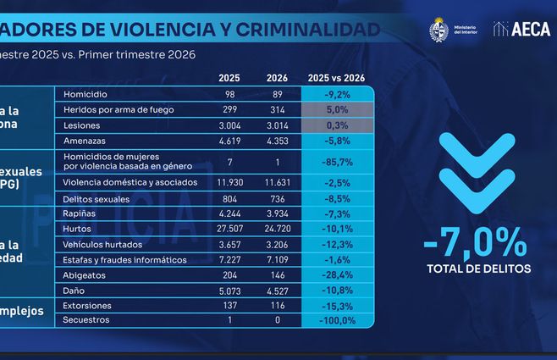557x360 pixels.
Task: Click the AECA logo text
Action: click(530, 29)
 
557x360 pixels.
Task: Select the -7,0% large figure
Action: click(473, 245)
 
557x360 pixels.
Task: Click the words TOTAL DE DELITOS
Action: click(473, 269)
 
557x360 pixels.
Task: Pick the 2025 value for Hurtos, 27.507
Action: click(229, 229)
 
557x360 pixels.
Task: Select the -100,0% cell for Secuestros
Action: click(338, 320)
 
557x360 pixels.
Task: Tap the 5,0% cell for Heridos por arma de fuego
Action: click(338, 108)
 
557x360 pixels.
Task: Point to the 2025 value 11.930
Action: click(229, 182)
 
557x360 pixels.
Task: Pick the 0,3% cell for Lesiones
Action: click(338, 124)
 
